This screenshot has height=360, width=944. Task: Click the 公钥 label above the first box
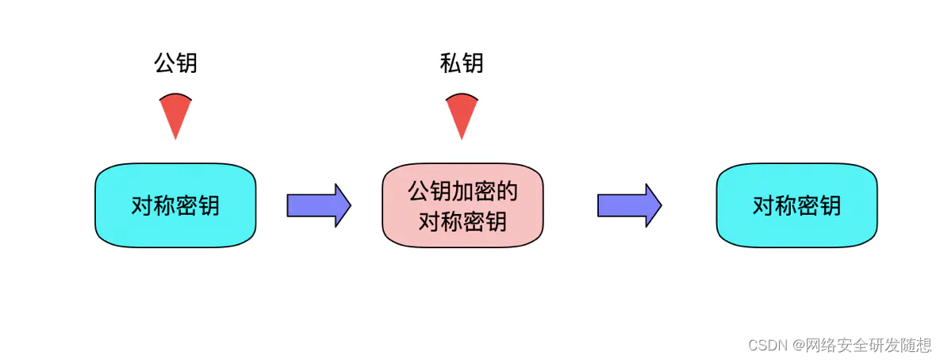[175, 63]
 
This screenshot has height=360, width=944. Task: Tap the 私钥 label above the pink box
[462, 63]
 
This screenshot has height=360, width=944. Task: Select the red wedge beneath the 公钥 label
[175, 113]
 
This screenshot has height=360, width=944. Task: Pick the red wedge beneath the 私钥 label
[462, 113]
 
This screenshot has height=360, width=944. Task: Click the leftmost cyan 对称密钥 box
[175, 205]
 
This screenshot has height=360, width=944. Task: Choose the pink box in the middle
[462, 205]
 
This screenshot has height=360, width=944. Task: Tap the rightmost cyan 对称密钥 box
[796, 205]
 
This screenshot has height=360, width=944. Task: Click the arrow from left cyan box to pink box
[318, 205]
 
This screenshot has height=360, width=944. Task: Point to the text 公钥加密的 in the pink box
[462, 191]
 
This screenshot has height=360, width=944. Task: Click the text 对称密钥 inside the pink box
[462, 220]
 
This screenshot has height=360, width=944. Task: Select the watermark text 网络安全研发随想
[868, 345]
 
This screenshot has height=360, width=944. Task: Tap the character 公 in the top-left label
[164, 63]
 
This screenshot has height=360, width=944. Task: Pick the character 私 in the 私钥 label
[451, 63]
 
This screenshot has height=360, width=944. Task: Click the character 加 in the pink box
[462, 191]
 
